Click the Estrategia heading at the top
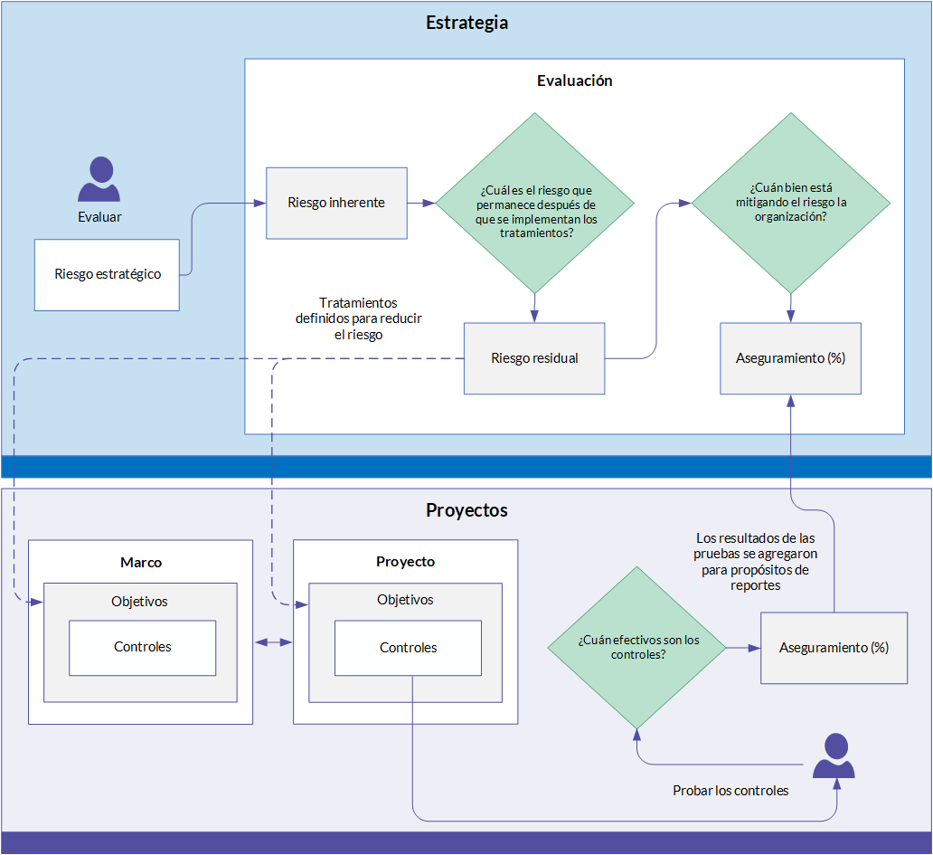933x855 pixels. (x=466, y=23)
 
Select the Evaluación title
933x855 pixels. (x=574, y=81)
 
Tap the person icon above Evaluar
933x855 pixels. (x=99, y=179)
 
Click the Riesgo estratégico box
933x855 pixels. (x=107, y=275)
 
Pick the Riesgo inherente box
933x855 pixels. (x=337, y=203)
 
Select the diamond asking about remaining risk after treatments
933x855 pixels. (x=535, y=203)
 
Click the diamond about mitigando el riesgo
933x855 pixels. (x=791, y=203)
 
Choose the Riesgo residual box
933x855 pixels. (x=534, y=358)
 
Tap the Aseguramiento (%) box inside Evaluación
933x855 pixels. (x=791, y=358)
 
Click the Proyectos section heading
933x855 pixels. (x=466, y=510)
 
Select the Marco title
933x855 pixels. (x=141, y=563)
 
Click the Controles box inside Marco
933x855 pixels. (x=143, y=648)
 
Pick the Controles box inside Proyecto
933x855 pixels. (x=409, y=648)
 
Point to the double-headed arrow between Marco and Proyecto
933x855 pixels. (x=273, y=641)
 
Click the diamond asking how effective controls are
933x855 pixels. (x=636, y=647)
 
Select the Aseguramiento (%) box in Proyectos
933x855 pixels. (x=834, y=648)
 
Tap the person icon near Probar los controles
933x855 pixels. (x=834, y=755)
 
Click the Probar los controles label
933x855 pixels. (x=730, y=791)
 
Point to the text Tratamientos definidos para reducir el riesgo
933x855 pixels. (x=358, y=318)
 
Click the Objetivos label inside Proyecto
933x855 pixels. (x=405, y=600)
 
